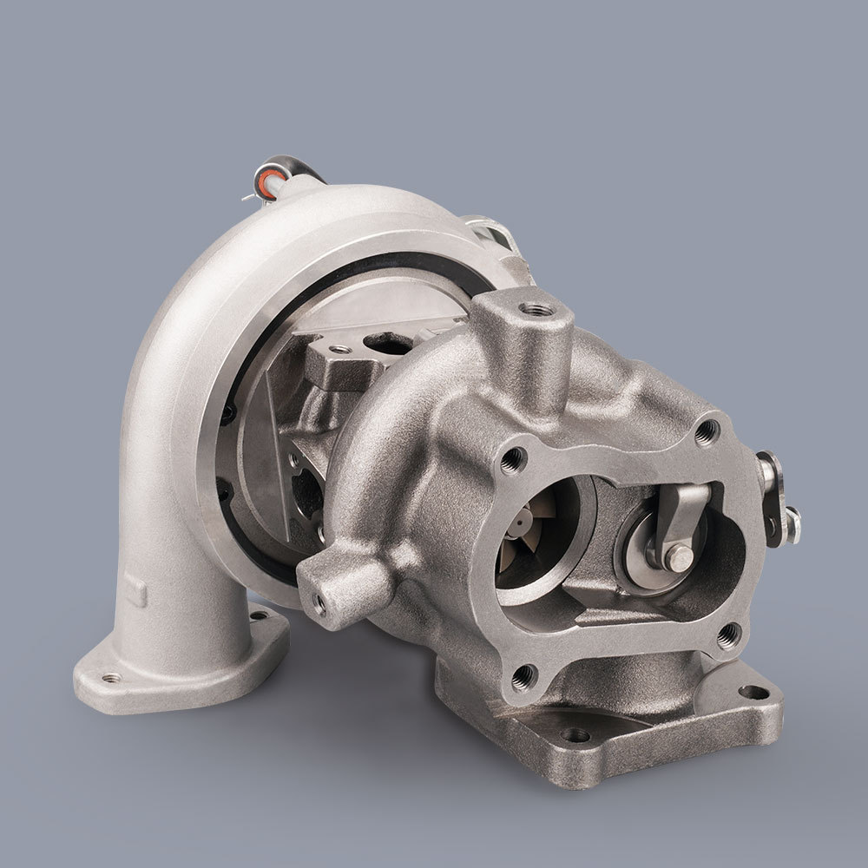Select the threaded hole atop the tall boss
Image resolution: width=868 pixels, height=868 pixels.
(x=529, y=308)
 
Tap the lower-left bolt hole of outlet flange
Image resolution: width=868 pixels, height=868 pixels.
(x=523, y=678)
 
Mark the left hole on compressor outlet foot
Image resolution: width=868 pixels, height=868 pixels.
(x=111, y=678)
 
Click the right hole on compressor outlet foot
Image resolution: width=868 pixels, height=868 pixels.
(x=259, y=615)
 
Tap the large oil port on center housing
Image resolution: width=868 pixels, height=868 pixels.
(x=383, y=344)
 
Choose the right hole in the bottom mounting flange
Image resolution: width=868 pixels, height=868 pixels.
(x=752, y=692)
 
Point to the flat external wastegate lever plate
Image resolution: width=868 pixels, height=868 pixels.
(x=772, y=499)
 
